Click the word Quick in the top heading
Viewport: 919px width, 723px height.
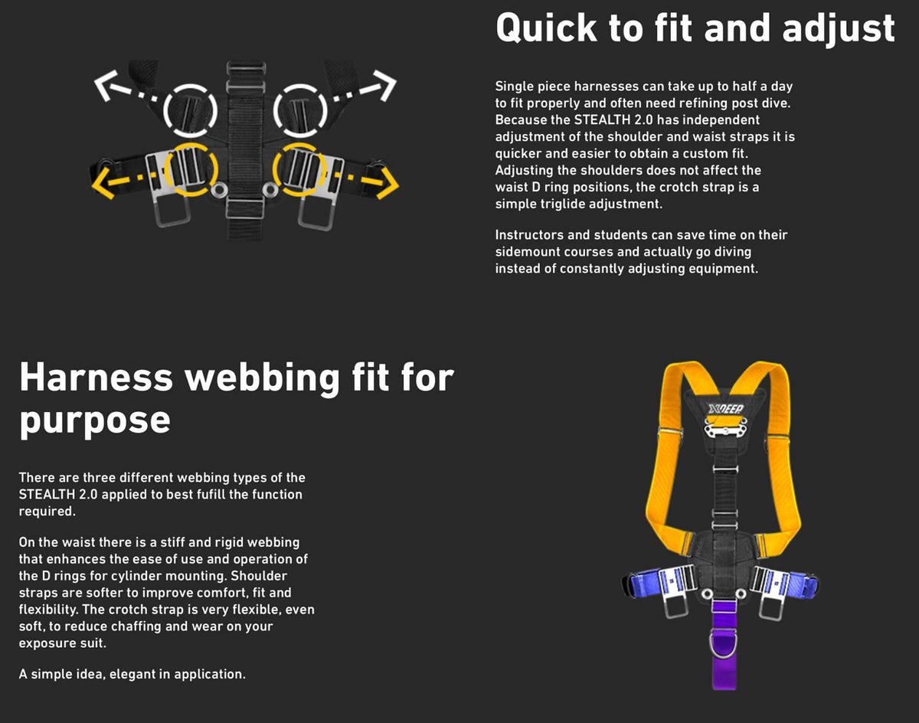(x=546, y=28)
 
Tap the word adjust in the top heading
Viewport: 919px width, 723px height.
(x=839, y=29)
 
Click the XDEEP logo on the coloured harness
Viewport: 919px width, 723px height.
(x=725, y=409)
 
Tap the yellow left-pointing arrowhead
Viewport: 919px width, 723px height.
(x=102, y=184)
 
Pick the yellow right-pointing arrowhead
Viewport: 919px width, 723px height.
(x=388, y=184)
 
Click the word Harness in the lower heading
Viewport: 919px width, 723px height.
(x=96, y=378)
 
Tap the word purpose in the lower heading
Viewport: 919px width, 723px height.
(x=95, y=420)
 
